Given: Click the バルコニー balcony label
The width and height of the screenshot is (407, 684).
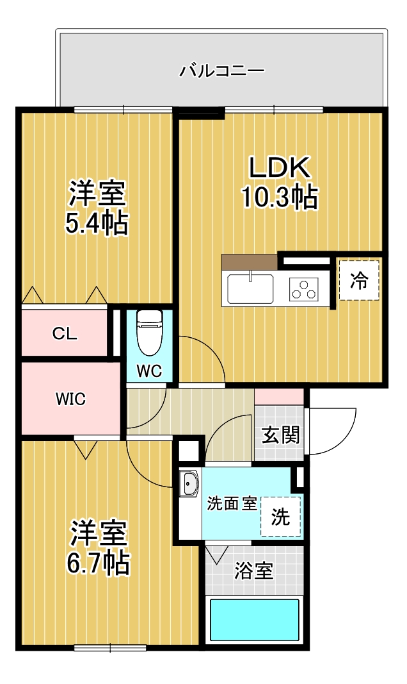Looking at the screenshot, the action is click(x=222, y=71).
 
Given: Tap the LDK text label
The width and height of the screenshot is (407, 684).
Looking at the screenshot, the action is click(x=280, y=167).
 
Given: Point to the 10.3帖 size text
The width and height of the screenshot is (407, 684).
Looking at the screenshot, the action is click(x=279, y=197).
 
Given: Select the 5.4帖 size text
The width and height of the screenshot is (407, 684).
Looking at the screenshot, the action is click(x=97, y=223).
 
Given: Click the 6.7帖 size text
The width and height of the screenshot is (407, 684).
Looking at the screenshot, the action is click(x=98, y=563).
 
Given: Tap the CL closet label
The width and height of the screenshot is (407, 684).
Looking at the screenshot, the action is click(x=65, y=334).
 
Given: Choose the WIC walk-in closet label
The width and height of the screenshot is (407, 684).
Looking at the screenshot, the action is click(x=70, y=399).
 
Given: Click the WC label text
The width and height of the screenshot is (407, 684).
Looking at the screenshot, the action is click(x=149, y=371).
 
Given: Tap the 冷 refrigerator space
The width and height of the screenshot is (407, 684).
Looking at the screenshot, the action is click(x=359, y=281).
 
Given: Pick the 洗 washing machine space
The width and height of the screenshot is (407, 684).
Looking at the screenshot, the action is click(x=281, y=517).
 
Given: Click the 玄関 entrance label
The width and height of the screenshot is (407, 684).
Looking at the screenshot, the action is click(x=281, y=435).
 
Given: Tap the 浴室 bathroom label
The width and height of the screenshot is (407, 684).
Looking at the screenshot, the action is click(x=254, y=571).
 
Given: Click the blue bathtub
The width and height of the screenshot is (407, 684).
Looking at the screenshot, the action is click(x=255, y=620).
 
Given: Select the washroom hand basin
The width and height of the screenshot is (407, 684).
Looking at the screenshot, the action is click(x=190, y=483).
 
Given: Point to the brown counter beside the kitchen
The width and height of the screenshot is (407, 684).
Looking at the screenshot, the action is click(x=250, y=262).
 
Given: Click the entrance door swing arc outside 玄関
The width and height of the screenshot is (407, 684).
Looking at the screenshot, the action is click(x=344, y=438).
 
